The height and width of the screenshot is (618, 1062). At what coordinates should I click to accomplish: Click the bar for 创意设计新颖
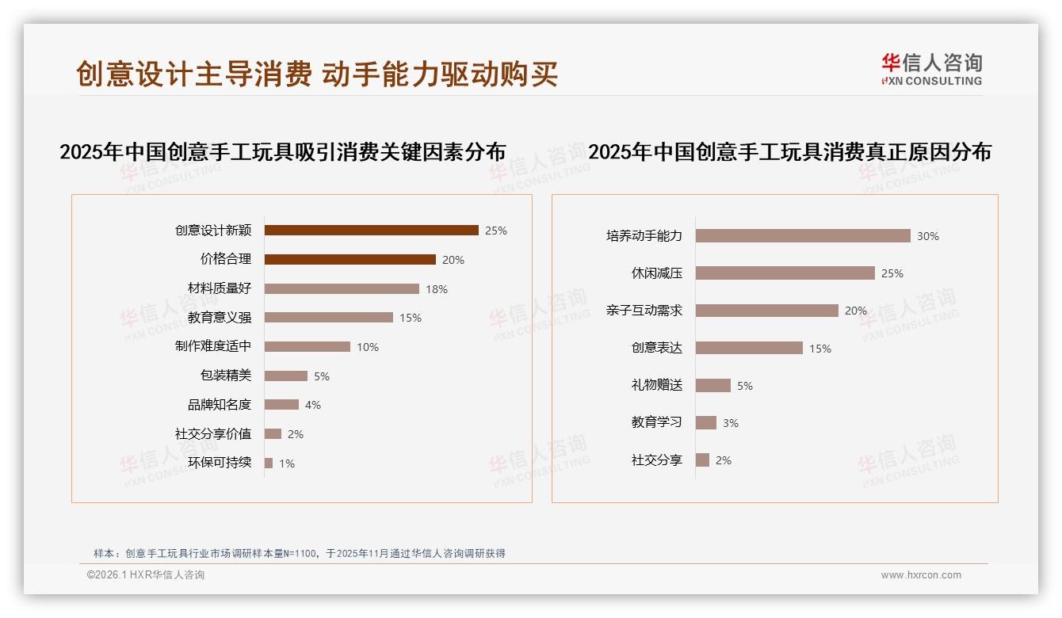371,231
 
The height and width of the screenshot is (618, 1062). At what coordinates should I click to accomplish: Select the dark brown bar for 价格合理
350,259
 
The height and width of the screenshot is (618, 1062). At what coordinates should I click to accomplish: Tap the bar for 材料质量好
342,288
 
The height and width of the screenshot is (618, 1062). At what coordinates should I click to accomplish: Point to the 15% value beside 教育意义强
411,318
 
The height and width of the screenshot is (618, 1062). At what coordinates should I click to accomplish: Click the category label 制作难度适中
213,346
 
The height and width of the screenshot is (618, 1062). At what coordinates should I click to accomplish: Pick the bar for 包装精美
285,376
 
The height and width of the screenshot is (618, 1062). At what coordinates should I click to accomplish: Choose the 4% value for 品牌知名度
313,405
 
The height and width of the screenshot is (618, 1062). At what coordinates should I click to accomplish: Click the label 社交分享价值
213,433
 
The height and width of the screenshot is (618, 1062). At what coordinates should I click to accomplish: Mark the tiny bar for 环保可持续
269,463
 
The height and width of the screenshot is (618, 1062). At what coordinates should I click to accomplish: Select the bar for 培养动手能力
803,236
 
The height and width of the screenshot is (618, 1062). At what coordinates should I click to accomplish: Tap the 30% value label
928,236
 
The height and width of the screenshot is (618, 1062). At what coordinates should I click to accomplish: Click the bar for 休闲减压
785,273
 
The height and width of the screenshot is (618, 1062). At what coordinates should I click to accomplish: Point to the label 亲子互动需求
644,311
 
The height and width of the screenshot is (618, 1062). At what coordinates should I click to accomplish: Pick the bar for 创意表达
749,348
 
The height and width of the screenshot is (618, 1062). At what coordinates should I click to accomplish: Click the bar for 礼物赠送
712,385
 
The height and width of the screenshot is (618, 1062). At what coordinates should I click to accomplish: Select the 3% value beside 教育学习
731,423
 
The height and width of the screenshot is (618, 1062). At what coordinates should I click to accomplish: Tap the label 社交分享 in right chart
657,460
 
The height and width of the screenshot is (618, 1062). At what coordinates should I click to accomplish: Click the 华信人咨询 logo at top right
931,69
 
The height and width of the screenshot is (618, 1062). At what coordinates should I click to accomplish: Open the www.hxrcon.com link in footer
921,575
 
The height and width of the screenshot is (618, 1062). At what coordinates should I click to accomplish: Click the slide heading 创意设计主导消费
194,74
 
